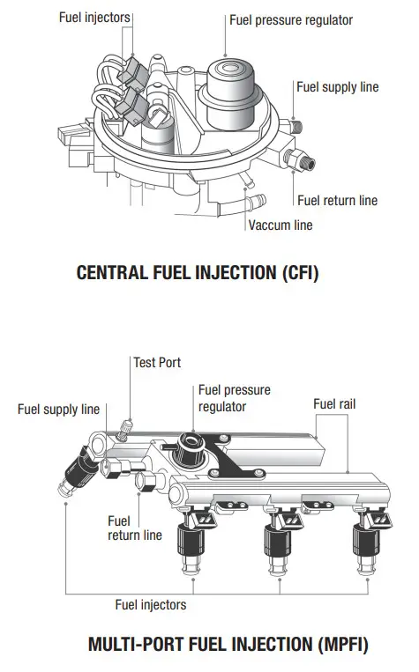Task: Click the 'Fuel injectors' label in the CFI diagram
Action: (95, 17)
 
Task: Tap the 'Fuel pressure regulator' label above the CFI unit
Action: (291, 19)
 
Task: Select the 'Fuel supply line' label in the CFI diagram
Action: (337, 87)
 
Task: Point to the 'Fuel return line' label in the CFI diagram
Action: (337, 201)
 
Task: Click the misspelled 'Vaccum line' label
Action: (281, 225)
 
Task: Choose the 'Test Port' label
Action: (157, 361)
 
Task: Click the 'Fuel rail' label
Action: (334, 404)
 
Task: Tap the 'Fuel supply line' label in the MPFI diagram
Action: (59, 410)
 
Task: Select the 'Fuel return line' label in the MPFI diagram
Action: (135, 528)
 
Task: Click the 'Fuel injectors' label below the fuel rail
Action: (151, 605)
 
